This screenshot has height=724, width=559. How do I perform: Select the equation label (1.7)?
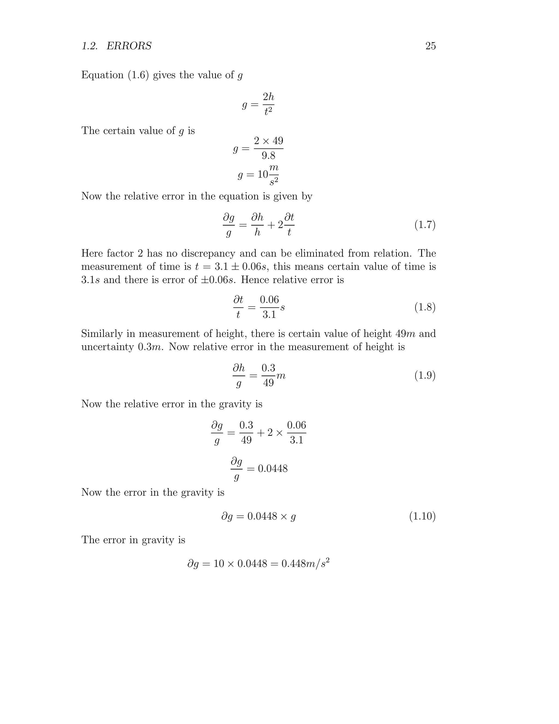425,225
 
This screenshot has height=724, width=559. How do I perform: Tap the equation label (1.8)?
425,307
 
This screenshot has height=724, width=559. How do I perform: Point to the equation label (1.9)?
425,376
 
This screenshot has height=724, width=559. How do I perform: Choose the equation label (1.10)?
422,516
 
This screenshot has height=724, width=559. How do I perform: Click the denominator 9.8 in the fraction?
268,156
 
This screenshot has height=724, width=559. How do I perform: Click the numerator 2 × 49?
269,141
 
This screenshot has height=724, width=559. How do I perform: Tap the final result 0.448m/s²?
305,563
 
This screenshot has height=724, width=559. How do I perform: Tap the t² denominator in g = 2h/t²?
268,112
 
